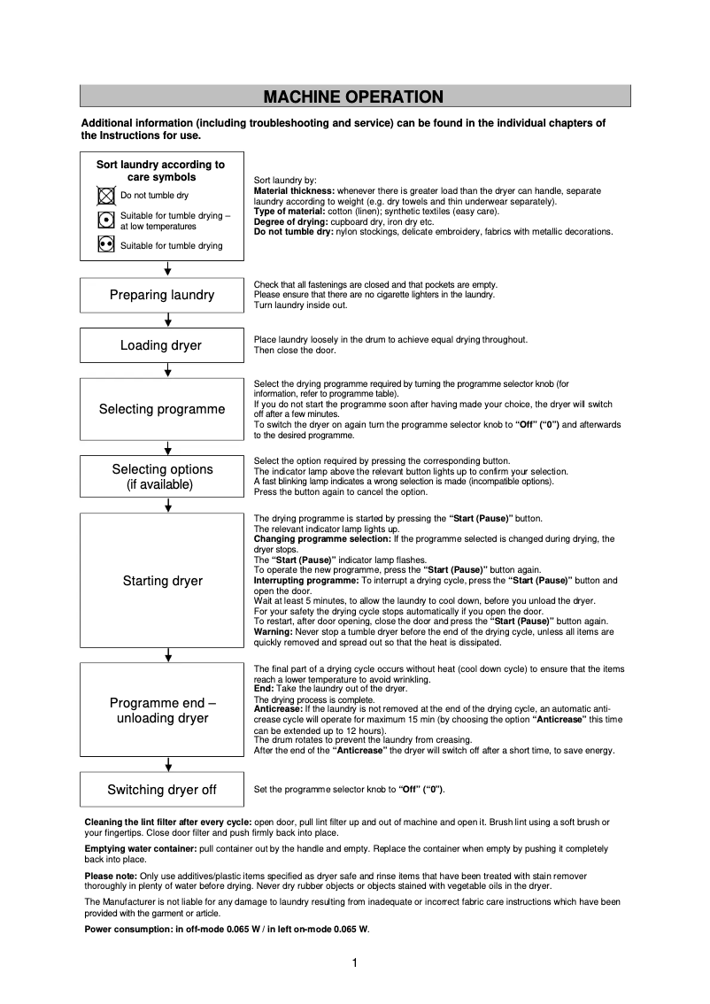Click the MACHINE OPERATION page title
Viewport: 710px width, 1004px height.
[353, 97]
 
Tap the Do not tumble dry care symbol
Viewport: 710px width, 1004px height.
[105, 196]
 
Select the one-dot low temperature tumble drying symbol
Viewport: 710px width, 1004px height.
[105, 220]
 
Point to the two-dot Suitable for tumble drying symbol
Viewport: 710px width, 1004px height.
[105, 244]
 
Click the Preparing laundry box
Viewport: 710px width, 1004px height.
[162, 295]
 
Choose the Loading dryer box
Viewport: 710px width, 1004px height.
[162, 345]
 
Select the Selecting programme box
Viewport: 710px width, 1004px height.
[162, 409]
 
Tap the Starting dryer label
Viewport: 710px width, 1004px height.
[162, 581]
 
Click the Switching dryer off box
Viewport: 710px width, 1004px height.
[162, 790]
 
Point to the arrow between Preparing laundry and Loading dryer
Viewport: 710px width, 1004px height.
[168, 321]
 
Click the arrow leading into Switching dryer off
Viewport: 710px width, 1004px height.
[168, 764]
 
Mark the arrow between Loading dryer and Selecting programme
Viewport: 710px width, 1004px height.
[168, 370]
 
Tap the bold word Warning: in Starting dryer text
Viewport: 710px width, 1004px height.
[274, 632]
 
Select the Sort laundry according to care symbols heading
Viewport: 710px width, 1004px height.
[161, 171]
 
